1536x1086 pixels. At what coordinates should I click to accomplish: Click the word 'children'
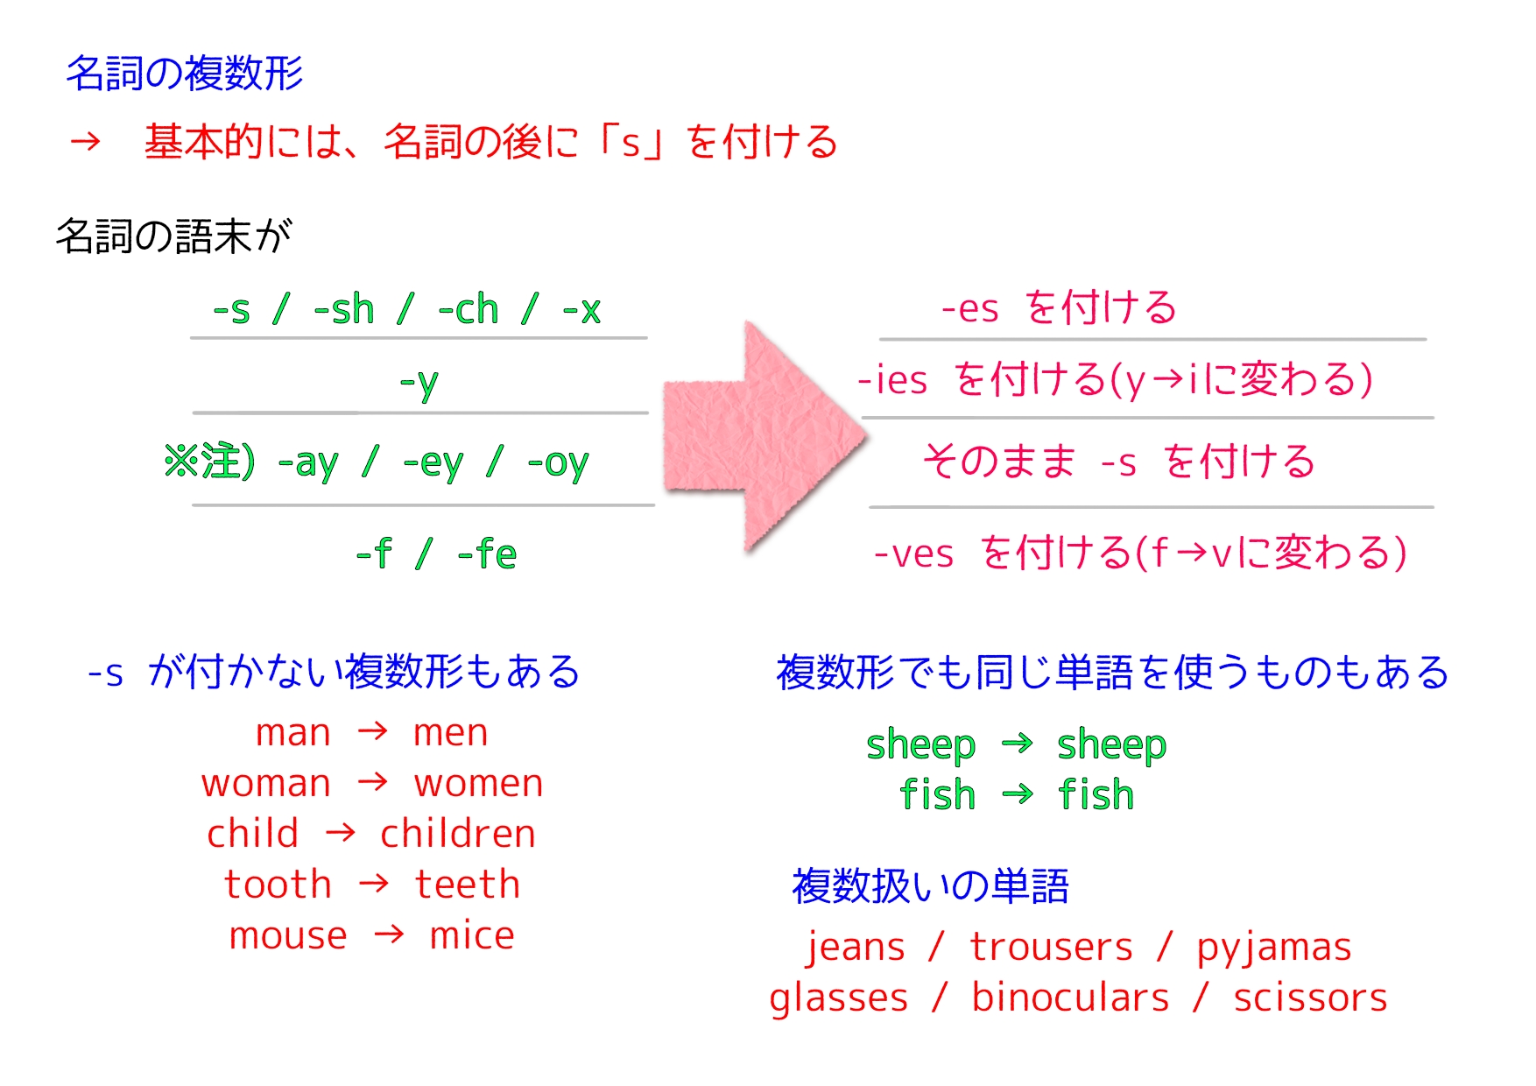(458, 834)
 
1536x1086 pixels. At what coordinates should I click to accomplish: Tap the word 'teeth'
(468, 885)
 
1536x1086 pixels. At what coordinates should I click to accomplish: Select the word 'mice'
(472, 936)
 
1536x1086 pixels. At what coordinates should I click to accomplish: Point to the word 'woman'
(266, 784)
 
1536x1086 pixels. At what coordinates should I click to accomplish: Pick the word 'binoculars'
(1070, 998)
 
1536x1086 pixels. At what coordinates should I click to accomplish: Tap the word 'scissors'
(1311, 998)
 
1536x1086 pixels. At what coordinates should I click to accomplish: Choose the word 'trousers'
(1052, 948)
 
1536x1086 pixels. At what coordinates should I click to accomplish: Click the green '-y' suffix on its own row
(419, 384)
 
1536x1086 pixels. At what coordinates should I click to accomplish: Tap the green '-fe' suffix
(487, 554)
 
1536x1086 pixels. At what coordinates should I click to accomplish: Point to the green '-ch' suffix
(469, 310)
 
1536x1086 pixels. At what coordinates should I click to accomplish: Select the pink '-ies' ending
(892, 380)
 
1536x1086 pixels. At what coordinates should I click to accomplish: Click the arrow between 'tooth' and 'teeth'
(374, 883)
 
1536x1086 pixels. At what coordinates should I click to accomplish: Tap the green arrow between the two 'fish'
(1018, 794)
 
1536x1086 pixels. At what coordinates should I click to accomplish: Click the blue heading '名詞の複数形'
(185, 73)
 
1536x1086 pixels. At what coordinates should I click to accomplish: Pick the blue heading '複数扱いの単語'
(930, 886)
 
